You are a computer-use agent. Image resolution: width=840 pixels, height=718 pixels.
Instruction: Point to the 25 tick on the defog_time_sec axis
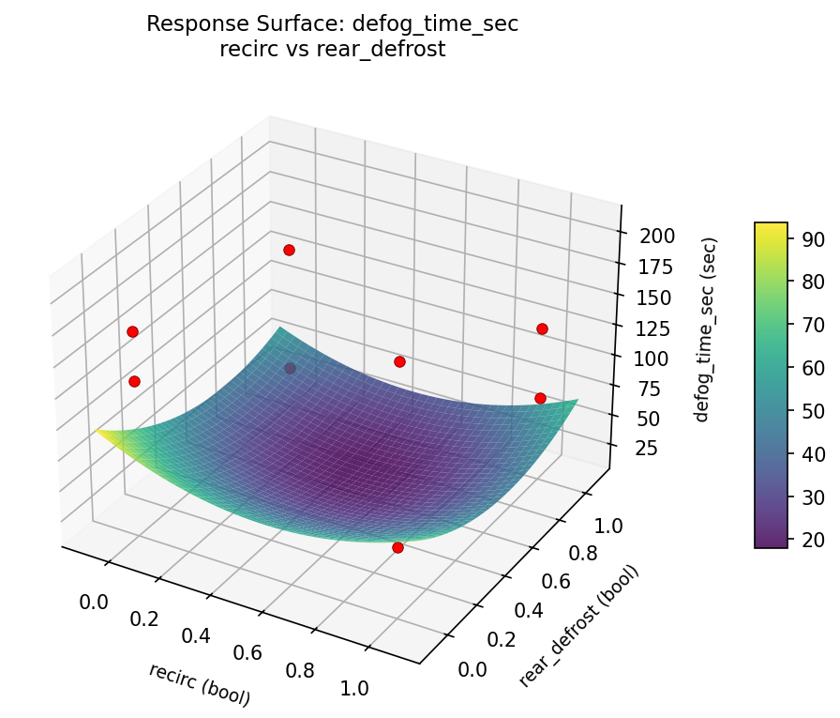[647, 449]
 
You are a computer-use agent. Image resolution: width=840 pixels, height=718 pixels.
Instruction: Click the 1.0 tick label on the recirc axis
[355, 687]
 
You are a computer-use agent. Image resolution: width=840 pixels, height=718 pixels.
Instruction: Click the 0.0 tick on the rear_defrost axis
[472, 668]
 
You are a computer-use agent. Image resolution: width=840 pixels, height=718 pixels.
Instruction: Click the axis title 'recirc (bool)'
[199, 684]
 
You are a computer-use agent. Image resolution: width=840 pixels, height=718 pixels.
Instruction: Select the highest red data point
[289, 250]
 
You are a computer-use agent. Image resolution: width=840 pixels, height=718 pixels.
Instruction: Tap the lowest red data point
[397, 547]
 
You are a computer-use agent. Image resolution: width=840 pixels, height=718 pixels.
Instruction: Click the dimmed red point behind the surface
[291, 368]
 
